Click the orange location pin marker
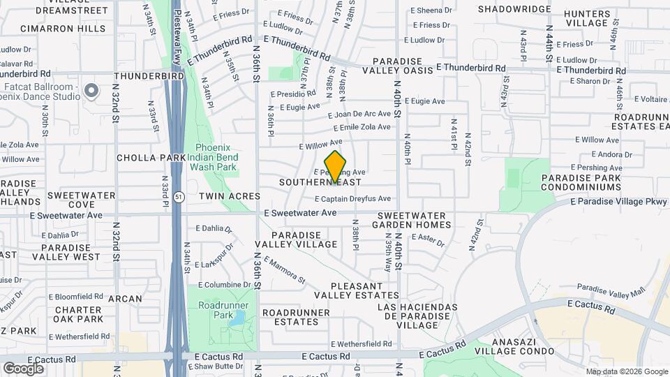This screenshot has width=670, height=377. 335,165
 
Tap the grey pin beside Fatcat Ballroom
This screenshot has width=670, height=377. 91,91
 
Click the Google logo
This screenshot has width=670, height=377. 23,368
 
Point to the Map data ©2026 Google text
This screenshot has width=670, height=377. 627,371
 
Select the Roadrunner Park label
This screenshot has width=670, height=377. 218,310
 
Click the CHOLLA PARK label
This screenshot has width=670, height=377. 151,158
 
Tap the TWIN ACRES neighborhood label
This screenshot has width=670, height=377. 230,197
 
